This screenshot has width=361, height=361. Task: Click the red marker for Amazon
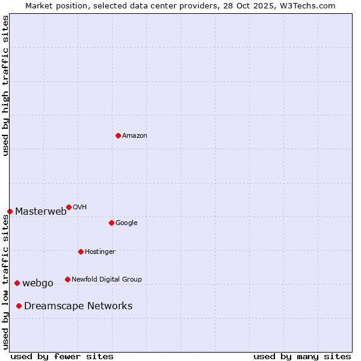point(118,135)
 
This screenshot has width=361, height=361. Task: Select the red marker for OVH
point(69,207)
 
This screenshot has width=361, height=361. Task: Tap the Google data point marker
point(111,223)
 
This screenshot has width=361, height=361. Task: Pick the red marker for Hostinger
point(81,251)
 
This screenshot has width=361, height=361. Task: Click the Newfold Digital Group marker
point(67,279)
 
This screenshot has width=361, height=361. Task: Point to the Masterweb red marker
point(10,211)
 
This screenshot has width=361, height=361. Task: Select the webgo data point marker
point(17,283)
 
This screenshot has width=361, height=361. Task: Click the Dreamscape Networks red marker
point(19,306)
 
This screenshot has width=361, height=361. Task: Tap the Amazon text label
point(135,136)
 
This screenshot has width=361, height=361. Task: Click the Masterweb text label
point(41,211)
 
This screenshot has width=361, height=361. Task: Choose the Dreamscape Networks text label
point(78,306)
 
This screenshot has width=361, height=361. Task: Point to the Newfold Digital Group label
point(106,279)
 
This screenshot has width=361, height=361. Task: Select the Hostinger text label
point(100,251)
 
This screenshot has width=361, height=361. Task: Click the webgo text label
point(38,283)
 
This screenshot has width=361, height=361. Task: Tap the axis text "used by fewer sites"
point(62,356)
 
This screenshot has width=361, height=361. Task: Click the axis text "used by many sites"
point(302,356)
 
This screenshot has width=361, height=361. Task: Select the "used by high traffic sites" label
point(5,85)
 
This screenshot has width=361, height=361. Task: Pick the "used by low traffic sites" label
point(5,282)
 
